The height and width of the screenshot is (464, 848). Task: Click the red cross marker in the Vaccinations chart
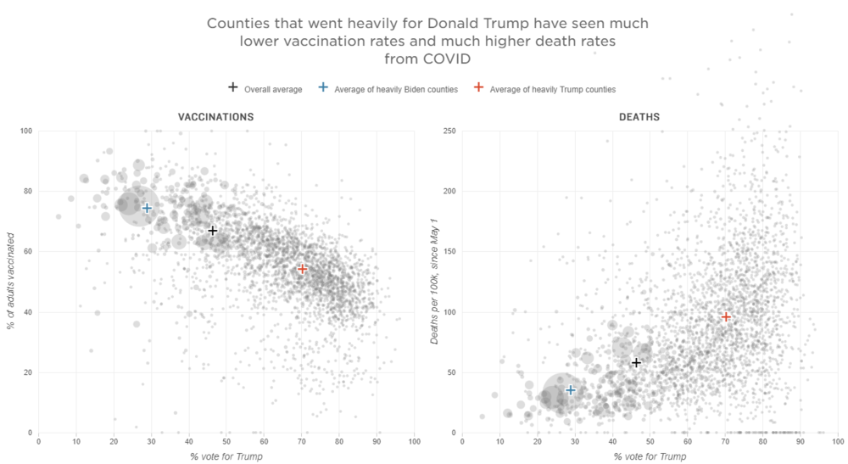pyautogui.click(x=303, y=269)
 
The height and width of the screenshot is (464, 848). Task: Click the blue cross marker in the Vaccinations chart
pyautogui.click(x=147, y=208)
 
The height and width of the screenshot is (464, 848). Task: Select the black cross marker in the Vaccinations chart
pyautogui.click(x=213, y=231)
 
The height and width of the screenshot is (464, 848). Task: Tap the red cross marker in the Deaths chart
pyautogui.click(x=726, y=316)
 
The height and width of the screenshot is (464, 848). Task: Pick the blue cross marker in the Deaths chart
pyautogui.click(x=571, y=390)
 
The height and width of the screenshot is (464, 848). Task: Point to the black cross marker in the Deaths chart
pyautogui.click(x=636, y=363)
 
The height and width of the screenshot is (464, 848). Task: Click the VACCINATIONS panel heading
pyautogui.click(x=215, y=117)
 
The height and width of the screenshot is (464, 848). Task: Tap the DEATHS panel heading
pyautogui.click(x=640, y=117)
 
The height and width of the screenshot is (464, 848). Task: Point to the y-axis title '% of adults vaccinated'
pyautogui.click(x=12, y=282)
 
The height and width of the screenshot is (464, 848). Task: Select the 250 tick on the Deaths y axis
pyautogui.click(x=449, y=131)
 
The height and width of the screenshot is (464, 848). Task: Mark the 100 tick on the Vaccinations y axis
pyautogui.click(x=25, y=131)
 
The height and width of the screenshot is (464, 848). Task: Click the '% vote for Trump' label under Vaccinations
pyautogui.click(x=227, y=457)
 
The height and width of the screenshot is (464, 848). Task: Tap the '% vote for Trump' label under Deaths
pyautogui.click(x=650, y=457)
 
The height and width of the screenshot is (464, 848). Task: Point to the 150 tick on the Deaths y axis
pyautogui.click(x=449, y=251)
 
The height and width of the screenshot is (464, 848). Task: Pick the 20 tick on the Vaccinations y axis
pyautogui.click(x=27, y=372)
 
